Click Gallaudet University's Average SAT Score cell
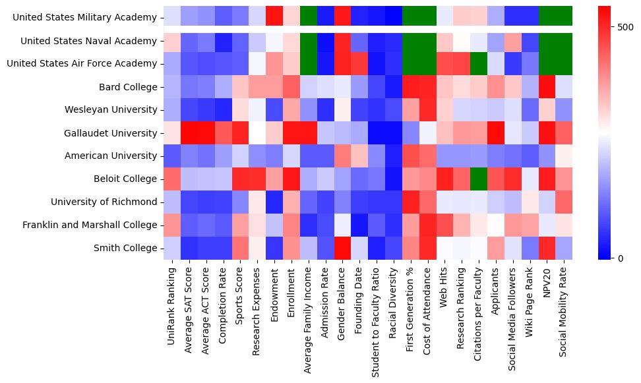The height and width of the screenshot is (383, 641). point(189,133)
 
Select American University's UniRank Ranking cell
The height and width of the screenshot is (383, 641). point(171,156)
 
